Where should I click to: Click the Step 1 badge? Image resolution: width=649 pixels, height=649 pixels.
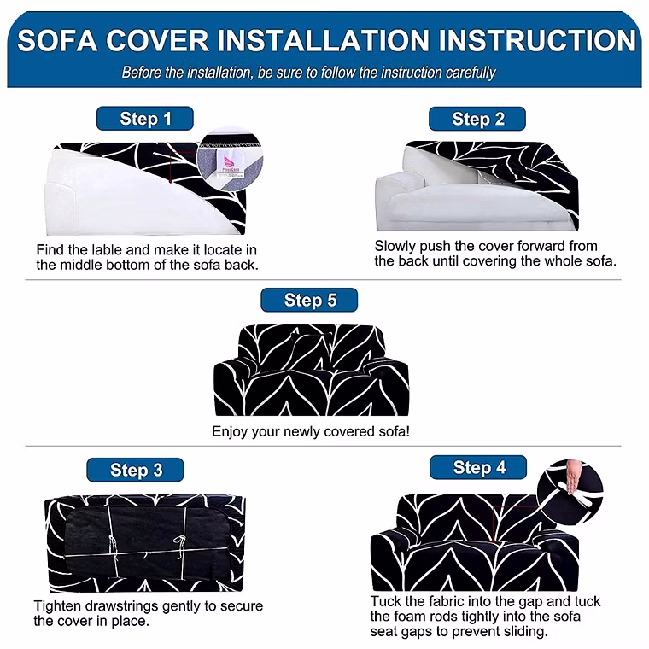click(145, 119)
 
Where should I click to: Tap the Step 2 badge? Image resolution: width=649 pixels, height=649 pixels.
click(477, 119)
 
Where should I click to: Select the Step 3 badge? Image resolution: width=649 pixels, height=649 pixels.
click(135, 470)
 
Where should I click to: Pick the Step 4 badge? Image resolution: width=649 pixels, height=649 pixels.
click(478, 467)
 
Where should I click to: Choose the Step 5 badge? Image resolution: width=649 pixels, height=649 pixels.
click(309, 300)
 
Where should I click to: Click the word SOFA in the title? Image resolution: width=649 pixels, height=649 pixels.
click(57, 41)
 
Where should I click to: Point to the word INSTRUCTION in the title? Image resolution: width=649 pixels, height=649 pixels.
click(537, 40)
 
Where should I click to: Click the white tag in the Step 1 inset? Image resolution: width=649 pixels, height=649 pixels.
click(231, 164)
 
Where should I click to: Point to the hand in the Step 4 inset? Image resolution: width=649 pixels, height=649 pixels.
click(574, 476)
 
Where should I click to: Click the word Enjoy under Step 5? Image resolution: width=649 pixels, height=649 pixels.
click(230, 432)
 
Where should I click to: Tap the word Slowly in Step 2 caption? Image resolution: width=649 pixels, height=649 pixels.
click(395, 247)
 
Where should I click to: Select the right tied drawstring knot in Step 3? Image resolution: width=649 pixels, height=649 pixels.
click(180, 541)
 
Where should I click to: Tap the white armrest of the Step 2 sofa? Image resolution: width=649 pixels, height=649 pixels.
click(401, 181)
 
